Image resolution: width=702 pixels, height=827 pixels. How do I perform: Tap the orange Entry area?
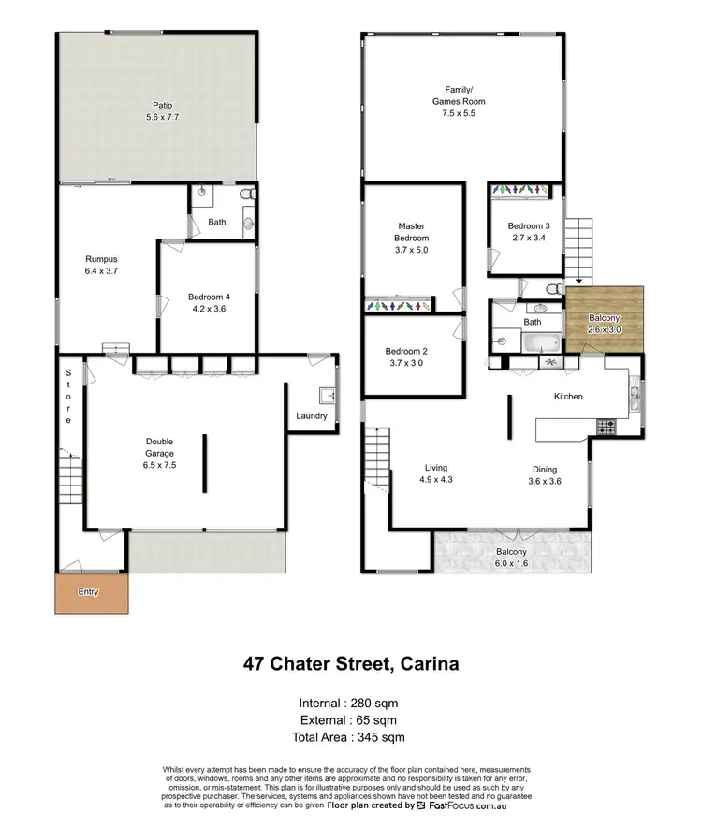pyautogui.click(x=91, y=592)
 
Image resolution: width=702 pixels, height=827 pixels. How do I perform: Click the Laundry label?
pyautogui.click(x=311, y=415)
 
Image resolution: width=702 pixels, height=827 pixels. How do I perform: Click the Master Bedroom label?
pyautogui.click(x=411, y=232)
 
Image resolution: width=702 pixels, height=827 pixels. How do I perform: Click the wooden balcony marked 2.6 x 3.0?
pyautogui.click(x=604, y=318)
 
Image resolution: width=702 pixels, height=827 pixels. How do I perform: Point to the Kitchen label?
pyautogui.click(x=568, y=397)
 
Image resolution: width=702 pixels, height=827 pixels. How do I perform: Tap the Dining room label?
pyautogui.click(x=545, y=470)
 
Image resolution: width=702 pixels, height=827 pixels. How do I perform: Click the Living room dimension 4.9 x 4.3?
pyautogui.click(x=435, y=480)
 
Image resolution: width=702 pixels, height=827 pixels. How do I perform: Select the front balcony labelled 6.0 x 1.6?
pyautogui.click(x=511, y=558)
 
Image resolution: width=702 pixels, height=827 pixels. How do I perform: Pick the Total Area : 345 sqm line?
pyautogui.click(x=350, y=737)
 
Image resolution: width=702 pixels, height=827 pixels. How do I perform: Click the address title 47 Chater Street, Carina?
pyautogui.click(x=350, y=665)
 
